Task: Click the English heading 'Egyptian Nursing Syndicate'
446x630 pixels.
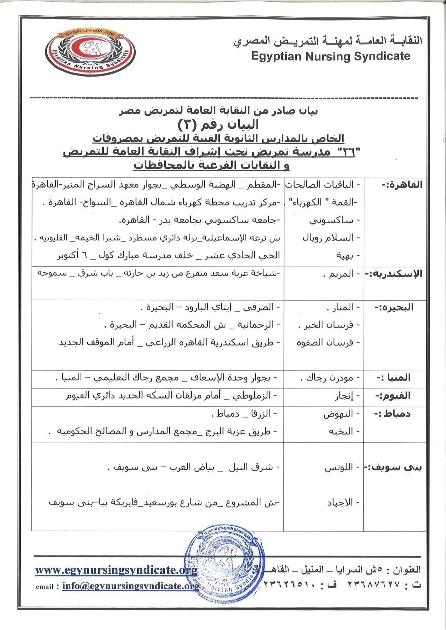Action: pyautogui.click(x=330, y=56)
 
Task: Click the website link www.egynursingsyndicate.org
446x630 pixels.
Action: pyautogui.click(x=116, y=570)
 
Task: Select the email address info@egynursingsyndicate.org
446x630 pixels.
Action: pyautogui.click(x=131, y=586)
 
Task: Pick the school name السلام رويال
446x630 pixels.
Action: pyautogui.click(x=328, y=238)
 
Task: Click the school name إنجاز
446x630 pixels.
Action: pyautogui.click(x=343, y=396)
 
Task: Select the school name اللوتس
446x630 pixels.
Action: pyautogui.click(x=338, y=468)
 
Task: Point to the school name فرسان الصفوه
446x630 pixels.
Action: pyautogui.click(x=325, y=342)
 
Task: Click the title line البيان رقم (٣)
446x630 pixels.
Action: pyautogui.click(x=218, y=124)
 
